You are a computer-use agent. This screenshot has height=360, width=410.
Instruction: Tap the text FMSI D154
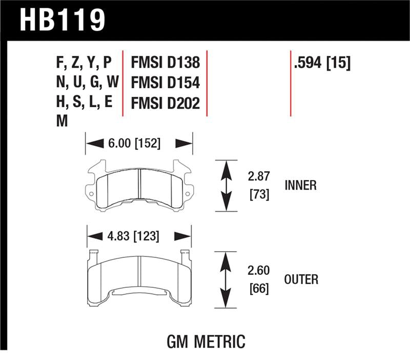(165, 84)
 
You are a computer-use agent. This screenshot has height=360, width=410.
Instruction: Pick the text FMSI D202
(165, 104)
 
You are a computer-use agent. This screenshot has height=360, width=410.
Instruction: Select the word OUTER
(301, 279)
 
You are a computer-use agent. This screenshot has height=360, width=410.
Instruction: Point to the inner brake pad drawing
(139, 186)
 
